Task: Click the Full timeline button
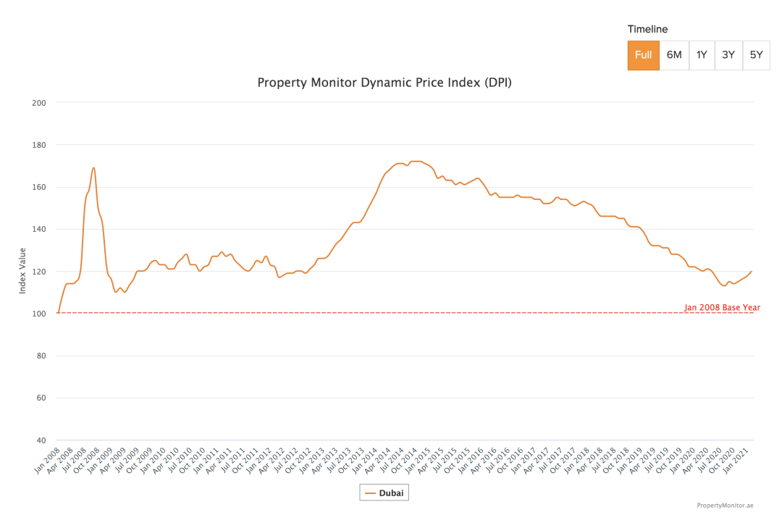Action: [643, 55]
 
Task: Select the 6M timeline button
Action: [674, 55]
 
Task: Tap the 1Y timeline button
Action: [702, 55]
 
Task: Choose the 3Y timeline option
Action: [728, 55]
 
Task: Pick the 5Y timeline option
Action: [756, 55]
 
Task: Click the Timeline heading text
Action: [647, 30]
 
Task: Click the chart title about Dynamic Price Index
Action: [384, 83]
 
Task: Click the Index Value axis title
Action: [23, 271]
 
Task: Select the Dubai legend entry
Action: [384, 493]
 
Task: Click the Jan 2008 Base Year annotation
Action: [722, 308]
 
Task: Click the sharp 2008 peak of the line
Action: [93, 168]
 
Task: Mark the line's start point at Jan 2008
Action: [58, 313]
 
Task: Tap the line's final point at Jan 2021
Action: [752, 272]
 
